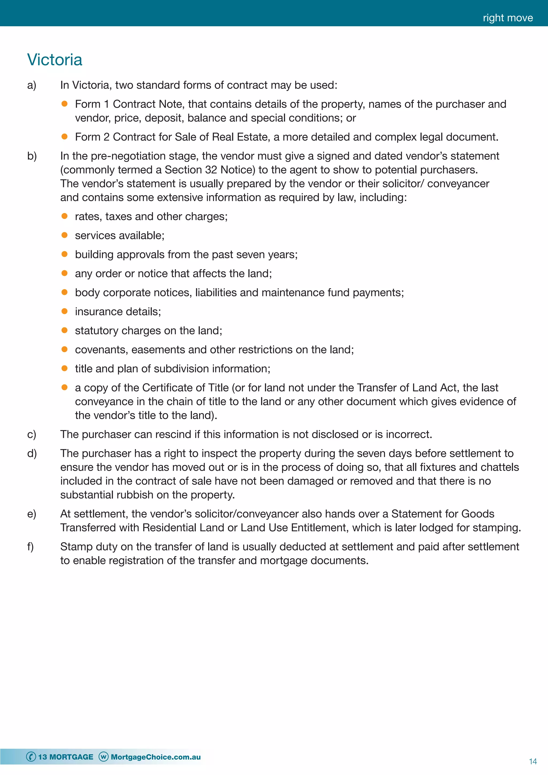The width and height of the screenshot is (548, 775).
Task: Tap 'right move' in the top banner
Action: click(508, 18)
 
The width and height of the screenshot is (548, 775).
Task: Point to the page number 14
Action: click(532, 761)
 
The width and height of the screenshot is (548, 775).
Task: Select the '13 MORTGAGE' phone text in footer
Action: click(66, 757)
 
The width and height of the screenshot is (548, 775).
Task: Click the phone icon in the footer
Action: click(31, 757)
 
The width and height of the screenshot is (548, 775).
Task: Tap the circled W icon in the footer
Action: click(103, 757)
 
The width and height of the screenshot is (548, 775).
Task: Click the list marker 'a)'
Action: click(32, 85)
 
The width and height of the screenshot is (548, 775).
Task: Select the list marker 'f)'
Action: click(30, 546)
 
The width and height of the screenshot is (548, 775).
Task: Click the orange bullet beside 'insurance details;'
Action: click(64, 311)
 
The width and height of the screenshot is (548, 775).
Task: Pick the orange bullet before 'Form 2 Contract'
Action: click(64, 137)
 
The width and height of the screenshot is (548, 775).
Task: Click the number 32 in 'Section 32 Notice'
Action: click(211, 170)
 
